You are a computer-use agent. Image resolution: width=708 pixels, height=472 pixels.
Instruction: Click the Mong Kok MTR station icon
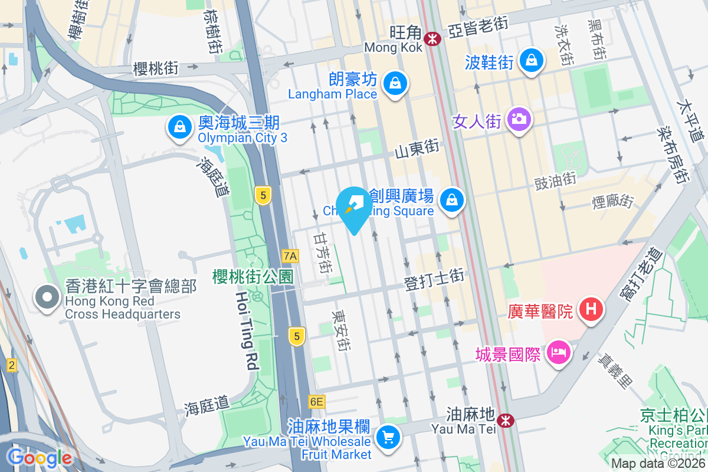(x=433, y=39)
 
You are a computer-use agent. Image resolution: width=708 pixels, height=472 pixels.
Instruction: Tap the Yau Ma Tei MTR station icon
(x=504, y=420)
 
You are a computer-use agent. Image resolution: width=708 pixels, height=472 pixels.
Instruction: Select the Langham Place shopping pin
(x=394, y=83)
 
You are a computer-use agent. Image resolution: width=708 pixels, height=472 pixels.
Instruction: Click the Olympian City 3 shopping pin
(x=179, y=126)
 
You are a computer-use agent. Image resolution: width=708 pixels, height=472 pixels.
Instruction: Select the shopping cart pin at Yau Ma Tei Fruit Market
(x=388, y=438)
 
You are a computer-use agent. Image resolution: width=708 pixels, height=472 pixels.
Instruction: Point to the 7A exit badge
(x=290, y=256)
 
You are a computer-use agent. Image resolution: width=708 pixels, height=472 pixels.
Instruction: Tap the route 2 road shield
(x=11, y=365)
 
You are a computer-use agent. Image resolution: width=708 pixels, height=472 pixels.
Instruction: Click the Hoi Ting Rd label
(x=246, y=330)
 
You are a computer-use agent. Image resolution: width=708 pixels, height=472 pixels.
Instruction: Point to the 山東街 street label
(x=417, y=148)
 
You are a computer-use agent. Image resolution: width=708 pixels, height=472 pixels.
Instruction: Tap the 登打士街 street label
(x=434, y=280)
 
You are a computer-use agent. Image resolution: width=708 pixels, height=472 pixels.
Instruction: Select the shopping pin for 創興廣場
(x=452, y=200)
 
